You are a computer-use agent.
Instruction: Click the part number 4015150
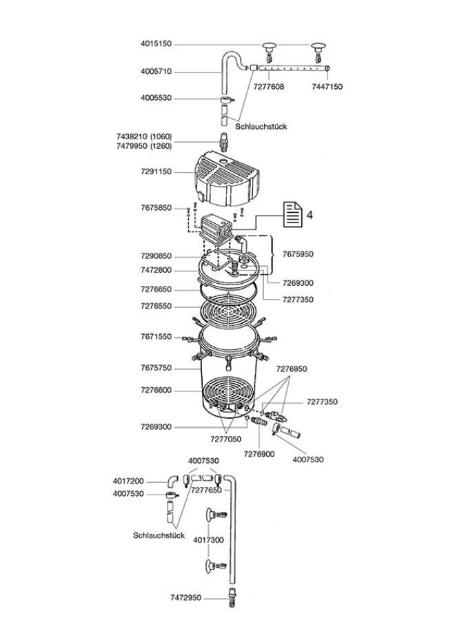coord(155,44)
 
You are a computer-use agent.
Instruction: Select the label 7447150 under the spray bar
coord(327,87)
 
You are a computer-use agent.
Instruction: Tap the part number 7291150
coord(155,172)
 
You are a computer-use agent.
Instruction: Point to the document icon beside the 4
coord(292,215)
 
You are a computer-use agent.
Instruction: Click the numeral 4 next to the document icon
coord(310,215)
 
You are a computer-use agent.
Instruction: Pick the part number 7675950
coord(297,254)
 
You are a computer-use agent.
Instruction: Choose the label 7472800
coord(155,271)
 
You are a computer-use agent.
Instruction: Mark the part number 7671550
coord(155,338)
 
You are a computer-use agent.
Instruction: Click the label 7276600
coord(155,391)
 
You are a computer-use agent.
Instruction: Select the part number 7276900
coord(259,454)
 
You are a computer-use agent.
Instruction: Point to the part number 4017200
coord(128,481)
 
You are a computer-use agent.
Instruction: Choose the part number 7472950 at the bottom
coord(185,598)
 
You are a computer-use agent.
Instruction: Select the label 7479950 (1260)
coord(145,146)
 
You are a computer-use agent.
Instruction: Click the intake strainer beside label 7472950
coord(230,597)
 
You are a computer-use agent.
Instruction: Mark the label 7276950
coord(292,369)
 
